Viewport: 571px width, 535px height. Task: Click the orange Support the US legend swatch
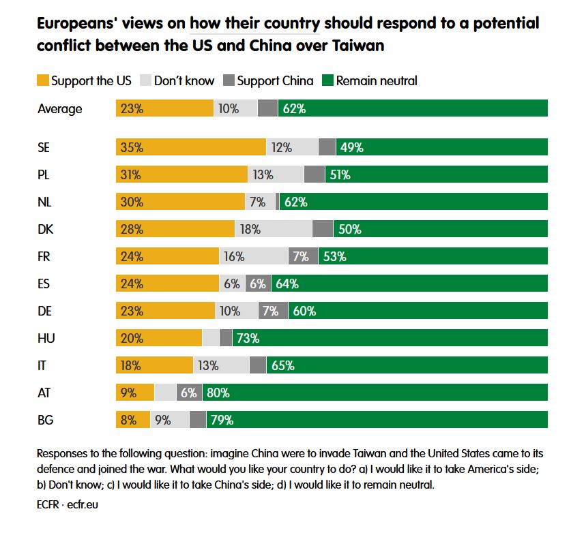click(x=43, y=80)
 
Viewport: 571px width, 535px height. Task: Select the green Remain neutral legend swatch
click(x=327, y=80)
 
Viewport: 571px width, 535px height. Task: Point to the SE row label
click(x=44, y=147)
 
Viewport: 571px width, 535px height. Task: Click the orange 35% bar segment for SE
click(x=190, y=147)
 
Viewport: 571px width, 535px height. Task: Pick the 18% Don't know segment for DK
click(x=273, y=229)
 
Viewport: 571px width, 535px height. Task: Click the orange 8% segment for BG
click(x=132, y=420)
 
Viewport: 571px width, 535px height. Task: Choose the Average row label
click(x=59, y=108)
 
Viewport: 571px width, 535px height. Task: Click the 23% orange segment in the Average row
click(x=164, y=108)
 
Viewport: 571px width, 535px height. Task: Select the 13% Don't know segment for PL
click(x=275, y=174)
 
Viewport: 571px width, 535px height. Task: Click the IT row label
click(x=42, y=365)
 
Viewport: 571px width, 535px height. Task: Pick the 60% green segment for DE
click(x=418, y=311)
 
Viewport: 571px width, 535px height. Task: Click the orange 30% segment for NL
click(x=180, y=202)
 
